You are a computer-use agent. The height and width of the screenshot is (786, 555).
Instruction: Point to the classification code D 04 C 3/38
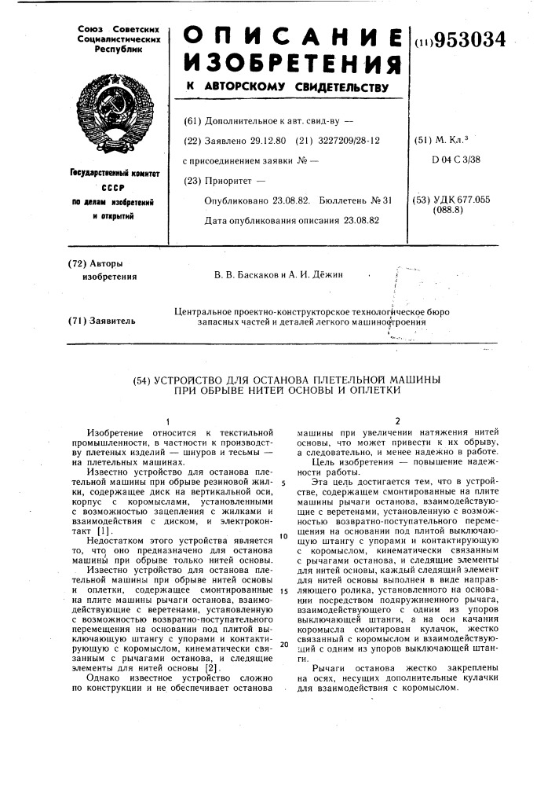pyautogui.click(x=455, y=160)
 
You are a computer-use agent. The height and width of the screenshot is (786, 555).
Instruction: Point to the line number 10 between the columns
pyautogui.click(x=284, y=537)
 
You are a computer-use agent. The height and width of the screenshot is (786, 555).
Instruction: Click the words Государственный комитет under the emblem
pyautogui.click(x=119, y=174)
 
